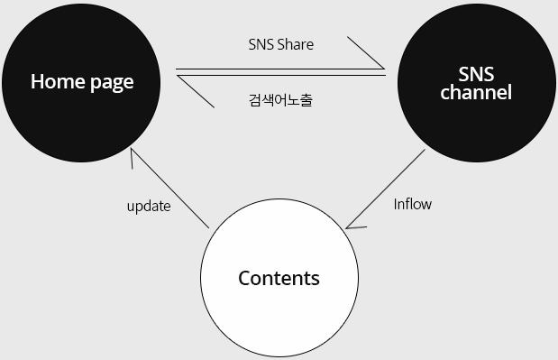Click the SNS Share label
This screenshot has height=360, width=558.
tap(280, 44)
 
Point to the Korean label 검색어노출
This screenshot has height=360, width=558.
tap(279, 99)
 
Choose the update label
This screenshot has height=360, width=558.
tap(149, 206)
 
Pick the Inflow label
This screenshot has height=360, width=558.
tap(413, 204)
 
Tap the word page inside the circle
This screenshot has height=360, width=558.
tap(110, 83)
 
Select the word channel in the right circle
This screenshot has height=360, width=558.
tap(476, 92)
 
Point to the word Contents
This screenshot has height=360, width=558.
tap(279, 278)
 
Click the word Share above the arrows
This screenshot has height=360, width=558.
tap(297, 44)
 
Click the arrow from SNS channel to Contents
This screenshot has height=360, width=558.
tap(386, 189)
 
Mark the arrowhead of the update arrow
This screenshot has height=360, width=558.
tap(133, 153)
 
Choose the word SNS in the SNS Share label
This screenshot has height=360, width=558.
tap(261, 44)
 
